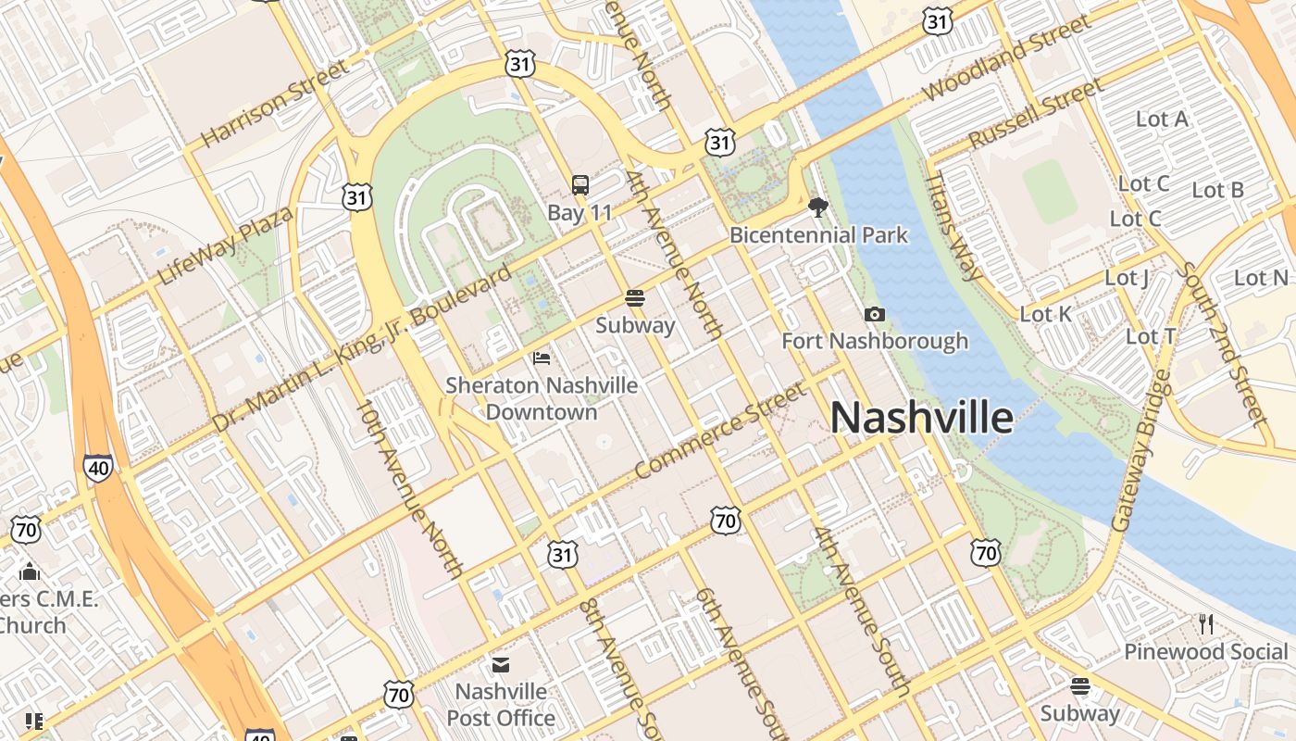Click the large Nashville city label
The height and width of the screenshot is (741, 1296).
pos(921,418)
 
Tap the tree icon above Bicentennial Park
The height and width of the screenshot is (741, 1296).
pos(817,207)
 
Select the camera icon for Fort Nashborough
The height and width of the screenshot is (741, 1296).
pos(874,315)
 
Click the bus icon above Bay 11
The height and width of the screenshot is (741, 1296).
pos(579,185)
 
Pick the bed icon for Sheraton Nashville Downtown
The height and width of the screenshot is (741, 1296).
pos(542,358)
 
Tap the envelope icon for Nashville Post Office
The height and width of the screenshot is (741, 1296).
pos(501,664)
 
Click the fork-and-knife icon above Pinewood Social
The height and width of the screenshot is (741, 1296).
pos(1205,623)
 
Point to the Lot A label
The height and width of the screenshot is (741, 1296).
pos(1162,119)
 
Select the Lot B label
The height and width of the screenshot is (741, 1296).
pos(1217,190)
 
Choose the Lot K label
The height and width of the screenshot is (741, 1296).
pos(1045,315)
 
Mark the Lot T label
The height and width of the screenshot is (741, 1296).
pos(1151,336)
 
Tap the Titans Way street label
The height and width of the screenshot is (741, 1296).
pos(953,225)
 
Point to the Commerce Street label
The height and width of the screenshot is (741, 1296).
pos(721,433)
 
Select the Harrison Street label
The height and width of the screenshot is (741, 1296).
pos(275,103)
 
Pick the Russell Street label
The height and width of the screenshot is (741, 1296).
pos(1035,113)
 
